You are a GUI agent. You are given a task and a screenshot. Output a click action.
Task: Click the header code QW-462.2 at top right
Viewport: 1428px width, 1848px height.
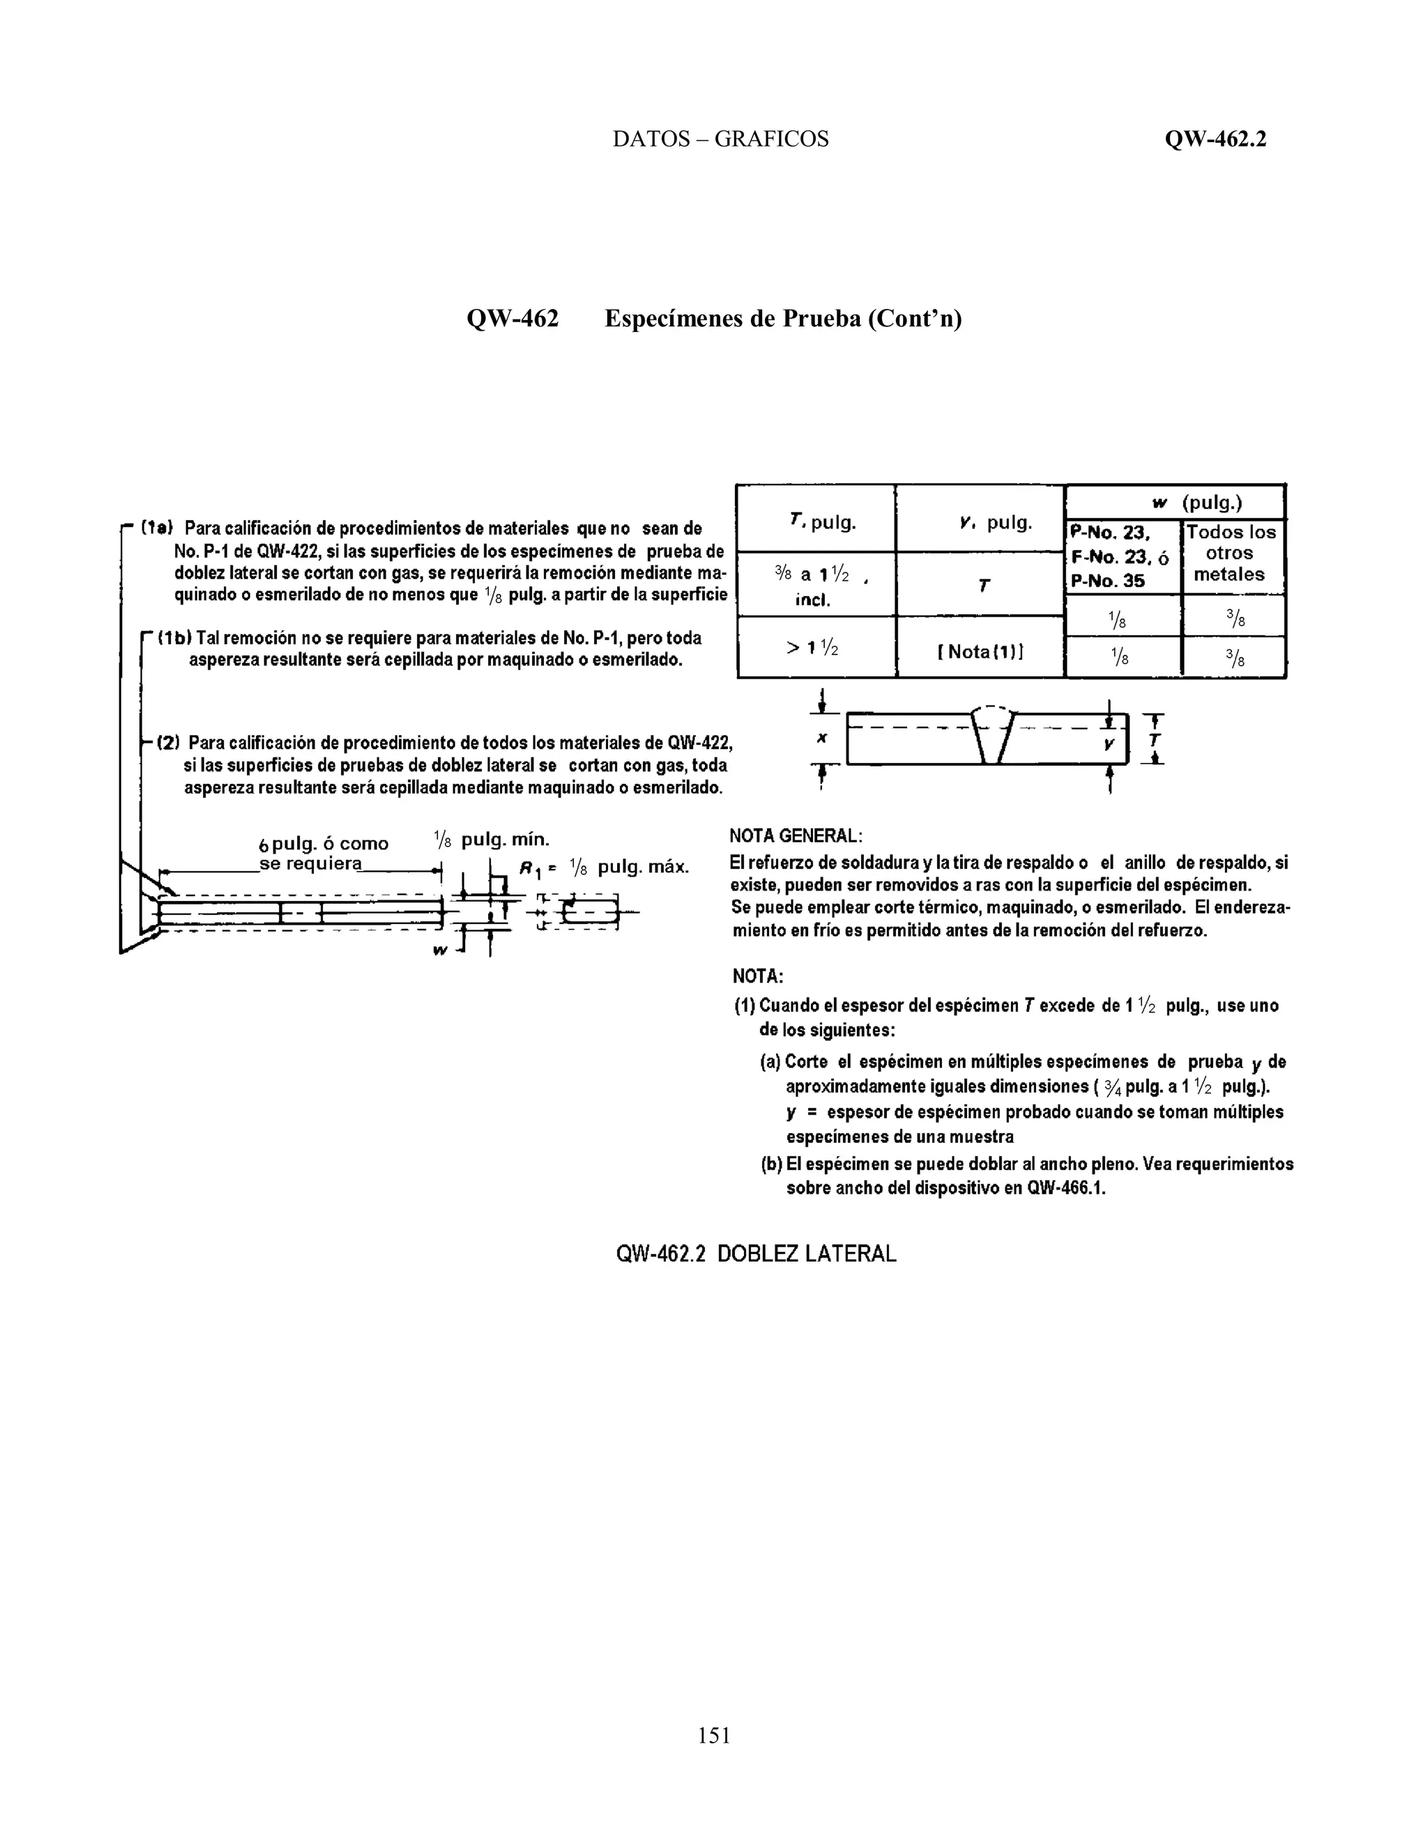(x=1215, y=139)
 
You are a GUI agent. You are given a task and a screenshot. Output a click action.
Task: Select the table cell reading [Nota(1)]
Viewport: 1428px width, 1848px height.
(x=980, y=651)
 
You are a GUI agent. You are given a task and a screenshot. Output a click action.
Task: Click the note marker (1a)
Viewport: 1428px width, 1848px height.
(x=158, y=528)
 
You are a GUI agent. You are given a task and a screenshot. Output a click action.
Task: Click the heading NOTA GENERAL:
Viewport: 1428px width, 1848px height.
(x=795, y=836)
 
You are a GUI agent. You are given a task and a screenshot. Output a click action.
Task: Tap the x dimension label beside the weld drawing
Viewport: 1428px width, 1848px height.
(x=821, y=738)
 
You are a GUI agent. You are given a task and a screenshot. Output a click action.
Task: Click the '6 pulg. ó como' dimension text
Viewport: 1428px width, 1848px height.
(x=324, y=844)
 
